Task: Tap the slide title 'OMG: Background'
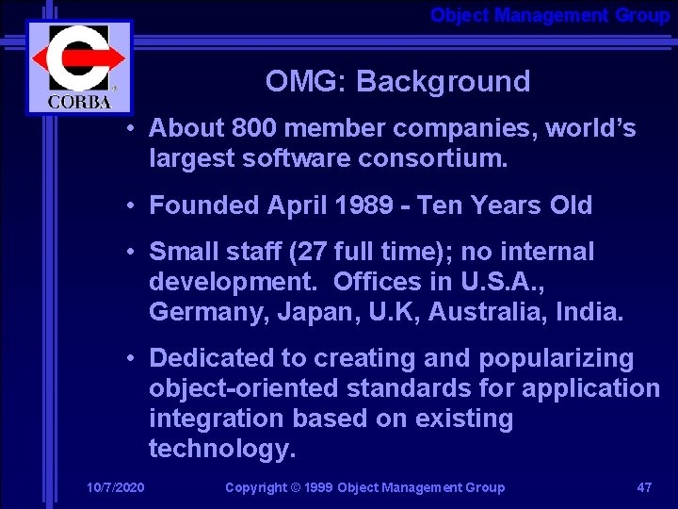tap(397, 82)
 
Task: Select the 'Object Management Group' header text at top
tap(550, 15)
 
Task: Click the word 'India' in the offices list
tap(591, 312)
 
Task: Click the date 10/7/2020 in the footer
tap(116, 487)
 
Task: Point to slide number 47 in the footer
tap(644, 487)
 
